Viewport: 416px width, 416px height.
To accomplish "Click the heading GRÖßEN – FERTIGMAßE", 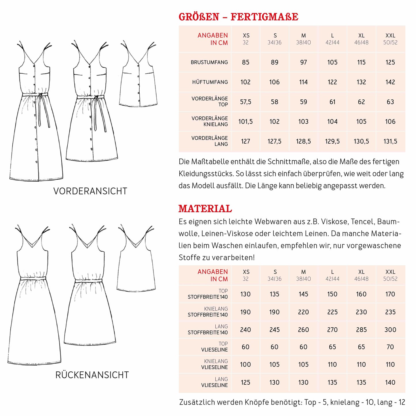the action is point(238,17).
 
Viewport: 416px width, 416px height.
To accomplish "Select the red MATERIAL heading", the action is point(205,209).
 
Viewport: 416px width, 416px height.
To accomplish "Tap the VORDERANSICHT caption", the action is point(90,191).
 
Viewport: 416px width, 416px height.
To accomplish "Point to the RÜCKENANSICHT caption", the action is point(92,375).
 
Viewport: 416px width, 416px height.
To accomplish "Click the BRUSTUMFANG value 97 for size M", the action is point(303,62).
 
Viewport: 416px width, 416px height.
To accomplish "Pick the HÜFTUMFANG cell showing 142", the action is point(390,82).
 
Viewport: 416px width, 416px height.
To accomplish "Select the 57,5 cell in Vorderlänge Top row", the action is point(246,102).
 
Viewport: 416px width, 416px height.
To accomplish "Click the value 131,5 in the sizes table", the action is point(390,141).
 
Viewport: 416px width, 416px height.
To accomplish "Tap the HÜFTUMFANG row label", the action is point(210,82).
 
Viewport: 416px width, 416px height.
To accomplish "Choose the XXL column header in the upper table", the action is point(390,39).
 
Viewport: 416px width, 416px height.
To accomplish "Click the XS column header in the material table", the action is point(246,275).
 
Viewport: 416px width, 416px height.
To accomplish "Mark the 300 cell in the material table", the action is point(390,330).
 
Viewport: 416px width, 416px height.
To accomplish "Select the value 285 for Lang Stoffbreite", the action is point(361,330).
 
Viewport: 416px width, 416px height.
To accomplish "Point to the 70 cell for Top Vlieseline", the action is point(390,347).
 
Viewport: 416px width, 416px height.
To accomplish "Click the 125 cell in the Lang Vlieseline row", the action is point(246,382).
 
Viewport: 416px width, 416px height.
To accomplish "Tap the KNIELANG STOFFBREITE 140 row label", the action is point(208,312).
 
